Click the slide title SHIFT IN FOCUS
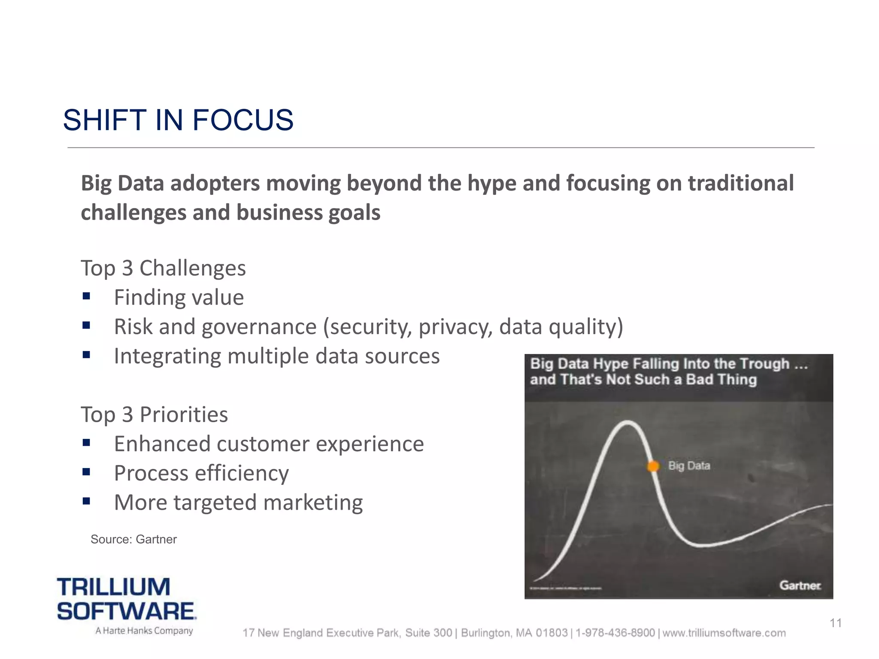(178, 120)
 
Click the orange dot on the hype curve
(653, 466)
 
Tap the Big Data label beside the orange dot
(689, 466)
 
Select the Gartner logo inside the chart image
(800, 586)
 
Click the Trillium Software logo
(127, 599)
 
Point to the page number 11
(836, 623)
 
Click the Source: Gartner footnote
(133, 539)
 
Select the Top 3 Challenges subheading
(163, 268)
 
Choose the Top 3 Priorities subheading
(154, 414)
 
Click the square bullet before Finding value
(86, 296)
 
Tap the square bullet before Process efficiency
(86, 472)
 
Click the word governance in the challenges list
(259, 327)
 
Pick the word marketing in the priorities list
(313, 502)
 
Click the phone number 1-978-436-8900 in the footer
(615, 633)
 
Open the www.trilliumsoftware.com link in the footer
(724, 633)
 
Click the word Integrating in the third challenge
(167, 357)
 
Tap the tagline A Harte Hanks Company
(144, 631)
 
